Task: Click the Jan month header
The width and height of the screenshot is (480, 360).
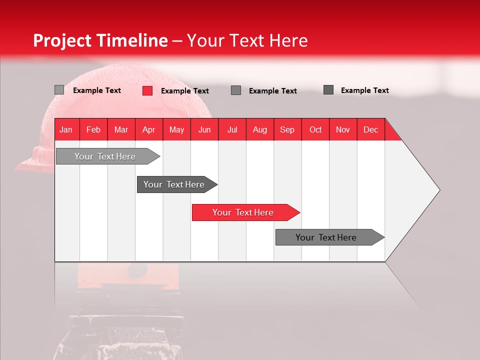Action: [66, 129]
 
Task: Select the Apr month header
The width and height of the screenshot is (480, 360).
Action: [149, 129]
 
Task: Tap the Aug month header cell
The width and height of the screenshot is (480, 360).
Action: [259, 129]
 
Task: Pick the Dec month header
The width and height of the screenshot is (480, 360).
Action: [370, 129]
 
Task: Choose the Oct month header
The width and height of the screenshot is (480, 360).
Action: [315, 129]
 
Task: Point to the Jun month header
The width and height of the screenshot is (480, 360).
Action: [204, 129]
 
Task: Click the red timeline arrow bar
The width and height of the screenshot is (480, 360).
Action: [245, 212]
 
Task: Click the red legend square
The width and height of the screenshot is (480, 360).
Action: [147, 90]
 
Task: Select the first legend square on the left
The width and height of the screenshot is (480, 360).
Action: [59, 90]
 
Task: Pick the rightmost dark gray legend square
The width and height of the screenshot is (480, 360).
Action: [328, 90]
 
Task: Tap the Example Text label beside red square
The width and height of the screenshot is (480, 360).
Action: [184, 91]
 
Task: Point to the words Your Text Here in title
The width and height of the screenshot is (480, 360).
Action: [247, 40]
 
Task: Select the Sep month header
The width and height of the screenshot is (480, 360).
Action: [287, 129]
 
